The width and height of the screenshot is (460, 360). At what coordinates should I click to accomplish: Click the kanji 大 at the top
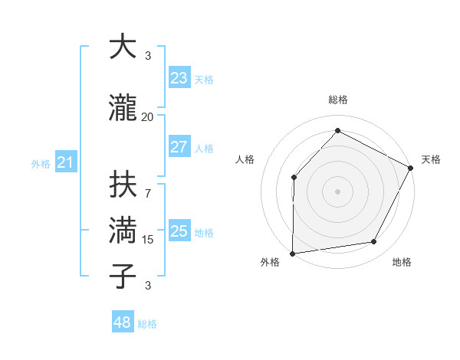coord(123,47)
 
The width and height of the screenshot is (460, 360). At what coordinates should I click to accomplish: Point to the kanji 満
coord(123,230)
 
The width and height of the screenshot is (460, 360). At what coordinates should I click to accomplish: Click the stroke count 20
coord(148,116)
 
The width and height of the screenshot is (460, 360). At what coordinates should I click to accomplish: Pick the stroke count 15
coord(148,240)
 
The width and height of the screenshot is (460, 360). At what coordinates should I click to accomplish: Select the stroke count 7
coord(148,186)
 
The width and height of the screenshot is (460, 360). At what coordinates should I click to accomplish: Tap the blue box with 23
coord(179,77)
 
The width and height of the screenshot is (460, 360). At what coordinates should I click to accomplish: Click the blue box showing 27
coord(179,147)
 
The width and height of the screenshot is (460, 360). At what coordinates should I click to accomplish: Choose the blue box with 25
coord(179,231)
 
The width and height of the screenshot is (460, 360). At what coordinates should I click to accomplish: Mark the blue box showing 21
coord(65,162)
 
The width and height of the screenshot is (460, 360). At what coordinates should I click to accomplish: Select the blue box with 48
coord(122,322)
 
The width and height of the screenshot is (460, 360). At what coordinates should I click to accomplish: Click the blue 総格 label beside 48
coord(147,324)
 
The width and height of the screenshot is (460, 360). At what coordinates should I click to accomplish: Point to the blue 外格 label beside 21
coord(41,164)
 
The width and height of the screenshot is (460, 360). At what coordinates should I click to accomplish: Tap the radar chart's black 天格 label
coord(431,159)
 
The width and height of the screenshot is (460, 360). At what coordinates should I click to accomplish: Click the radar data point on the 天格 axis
coord(411,168)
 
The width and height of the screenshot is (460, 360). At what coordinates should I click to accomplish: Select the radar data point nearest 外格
coord(292,253)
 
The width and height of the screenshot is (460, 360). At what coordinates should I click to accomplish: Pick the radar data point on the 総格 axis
coord(337,131)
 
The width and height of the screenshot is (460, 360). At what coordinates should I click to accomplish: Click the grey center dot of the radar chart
coord(337,191)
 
